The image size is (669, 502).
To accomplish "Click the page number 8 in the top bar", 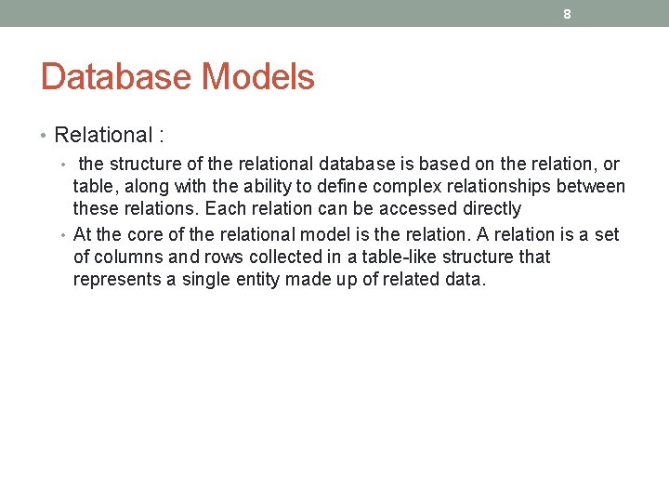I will (x=567, y=14).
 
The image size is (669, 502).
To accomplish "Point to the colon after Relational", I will (x=162, y=136).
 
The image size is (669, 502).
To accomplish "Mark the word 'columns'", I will (x=126, y=257).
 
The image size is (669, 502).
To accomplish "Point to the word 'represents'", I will (x=114, y=279).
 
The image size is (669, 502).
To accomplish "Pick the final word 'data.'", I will (x=464, y=279).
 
